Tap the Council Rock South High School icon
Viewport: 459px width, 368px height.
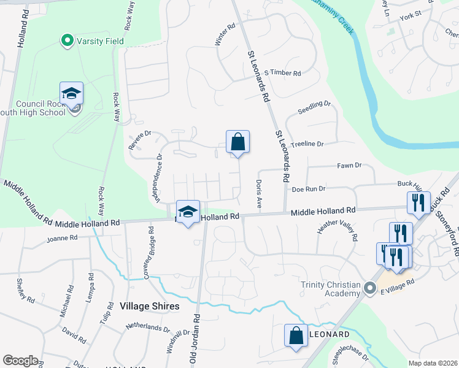(x=72, y=94)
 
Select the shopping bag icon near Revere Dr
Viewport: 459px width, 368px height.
(x=237, y=142)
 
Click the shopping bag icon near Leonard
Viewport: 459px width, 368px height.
(x=296, y=335)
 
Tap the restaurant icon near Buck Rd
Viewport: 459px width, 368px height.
(x=418, y=202)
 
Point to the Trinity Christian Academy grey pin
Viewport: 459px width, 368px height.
(x=369, y=288)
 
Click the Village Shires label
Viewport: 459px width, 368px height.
(x=150, y=306)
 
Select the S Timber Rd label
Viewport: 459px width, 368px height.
(x=283, y=73)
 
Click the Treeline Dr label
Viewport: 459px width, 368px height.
(x=307, y=144)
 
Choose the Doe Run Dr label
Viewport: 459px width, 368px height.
(x=308, y=189)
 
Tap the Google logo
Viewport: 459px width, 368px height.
(x=20, y=361)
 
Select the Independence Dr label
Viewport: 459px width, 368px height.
(x=158, y=178)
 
